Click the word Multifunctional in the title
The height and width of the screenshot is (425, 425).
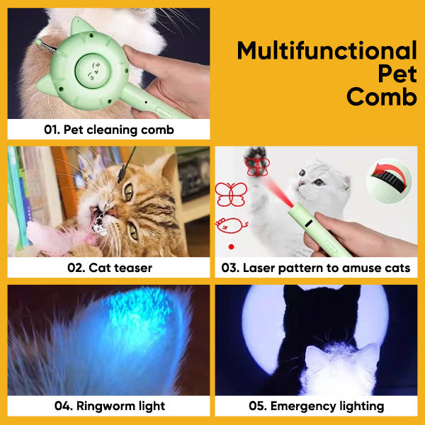click(x=327, y=51)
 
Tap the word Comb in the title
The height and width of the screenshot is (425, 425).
click(x=381, y=96)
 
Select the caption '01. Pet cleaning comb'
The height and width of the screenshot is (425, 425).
click(x=108, y=130)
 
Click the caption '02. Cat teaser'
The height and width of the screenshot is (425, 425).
click(x=109, y=268)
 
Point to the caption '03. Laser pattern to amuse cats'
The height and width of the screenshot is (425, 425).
click(x=317, y=268)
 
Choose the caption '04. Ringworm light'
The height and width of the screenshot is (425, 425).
click(x=109, y=406)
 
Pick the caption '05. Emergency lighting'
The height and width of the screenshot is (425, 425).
click(x=317, y=406)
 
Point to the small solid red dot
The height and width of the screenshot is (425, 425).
click(x=231, y=246)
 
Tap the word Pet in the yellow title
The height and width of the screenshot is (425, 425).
click(x=397, y=74)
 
